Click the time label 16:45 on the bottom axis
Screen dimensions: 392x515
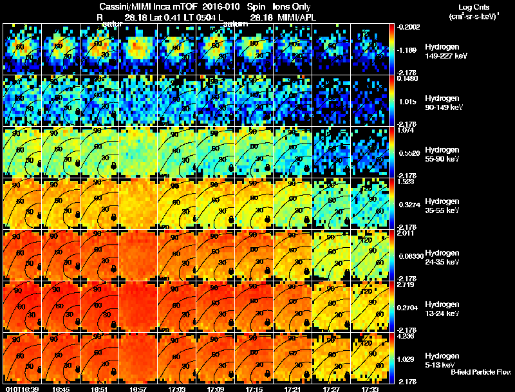[61, 389]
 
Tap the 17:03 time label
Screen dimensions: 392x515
[176, 389]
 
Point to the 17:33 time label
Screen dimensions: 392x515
[370, 389]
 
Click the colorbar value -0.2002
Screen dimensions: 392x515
[407, 26]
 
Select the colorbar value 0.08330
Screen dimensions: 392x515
[407, 256]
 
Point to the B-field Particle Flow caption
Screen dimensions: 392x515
[481, 372]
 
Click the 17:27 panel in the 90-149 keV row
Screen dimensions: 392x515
[332, 100]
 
